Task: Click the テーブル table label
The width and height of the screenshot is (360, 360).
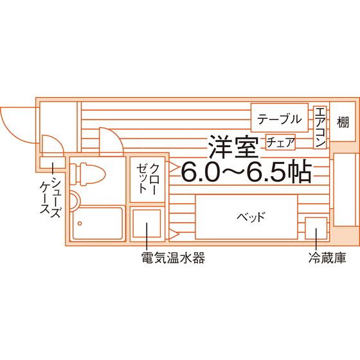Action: (279, 119)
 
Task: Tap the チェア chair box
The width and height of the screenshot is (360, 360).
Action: (280, 142)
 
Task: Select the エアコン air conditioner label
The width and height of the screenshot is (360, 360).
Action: (320, 128)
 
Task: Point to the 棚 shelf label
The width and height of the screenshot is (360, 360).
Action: (343, 122)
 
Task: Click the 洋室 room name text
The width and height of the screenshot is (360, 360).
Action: (233, 147)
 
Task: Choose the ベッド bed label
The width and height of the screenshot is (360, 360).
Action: (251, 217)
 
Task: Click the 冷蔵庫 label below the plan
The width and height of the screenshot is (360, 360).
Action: (327, 258)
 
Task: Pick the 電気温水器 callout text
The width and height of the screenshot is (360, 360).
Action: (173, 258)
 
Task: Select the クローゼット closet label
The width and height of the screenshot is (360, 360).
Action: (148, 179)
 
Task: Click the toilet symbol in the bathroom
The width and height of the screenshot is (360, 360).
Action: (87, 174)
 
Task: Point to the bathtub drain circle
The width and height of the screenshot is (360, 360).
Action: (80, 224)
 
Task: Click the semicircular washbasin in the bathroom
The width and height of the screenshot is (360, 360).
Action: (75, 200)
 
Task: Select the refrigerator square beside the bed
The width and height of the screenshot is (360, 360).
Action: (316, 228)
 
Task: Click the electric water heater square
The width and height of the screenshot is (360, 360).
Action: (147, 224)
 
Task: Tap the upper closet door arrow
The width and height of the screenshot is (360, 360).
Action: (174, 167)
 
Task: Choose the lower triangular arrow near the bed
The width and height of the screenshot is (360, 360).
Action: (174, 235)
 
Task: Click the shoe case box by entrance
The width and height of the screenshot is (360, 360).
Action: (53, 163)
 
